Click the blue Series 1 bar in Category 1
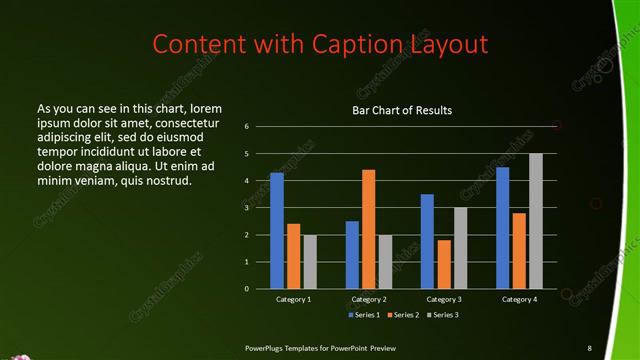[x=277, y=230]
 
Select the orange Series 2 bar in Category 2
[x=369, y=229]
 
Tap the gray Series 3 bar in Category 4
[x=535, y=221]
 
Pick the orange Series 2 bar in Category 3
[x=444, y=264]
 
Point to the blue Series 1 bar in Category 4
[x=502, y=227]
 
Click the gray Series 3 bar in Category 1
[x=310, y=261]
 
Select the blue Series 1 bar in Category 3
[x=427, y=241]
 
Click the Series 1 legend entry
[x=363, y=315]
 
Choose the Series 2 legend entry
[x=403, y=315]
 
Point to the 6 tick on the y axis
[x=246, y=127]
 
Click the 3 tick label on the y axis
[x=246, y=208]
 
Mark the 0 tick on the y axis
[x=246, y=289]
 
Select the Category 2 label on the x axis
[x=369, y=299]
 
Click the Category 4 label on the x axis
[x=518, y=299]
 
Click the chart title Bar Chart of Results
[x=402, y=110]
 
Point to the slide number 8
[x=589, y=347]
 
